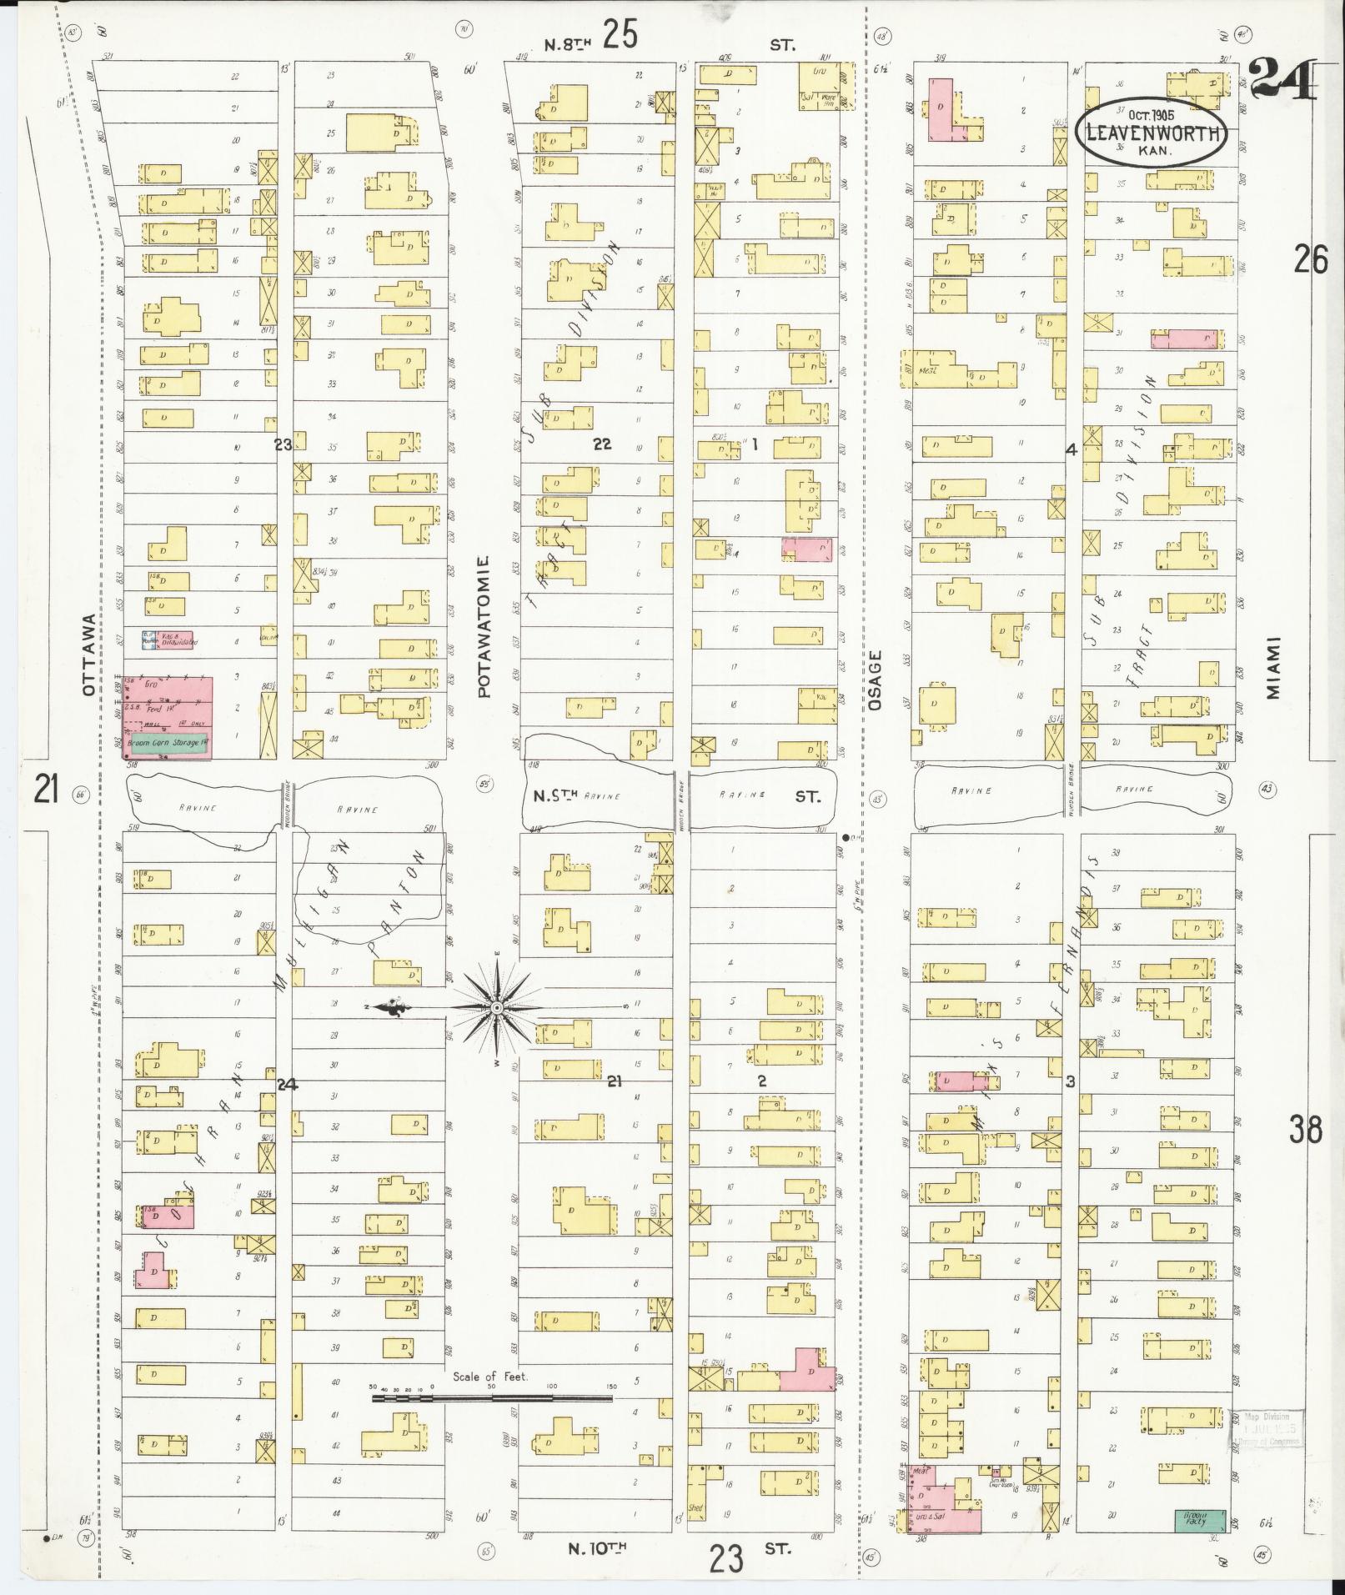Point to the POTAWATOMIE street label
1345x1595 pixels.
(485, 627)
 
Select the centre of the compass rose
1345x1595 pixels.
(497, 1008)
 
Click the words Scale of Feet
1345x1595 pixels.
(490, 1377)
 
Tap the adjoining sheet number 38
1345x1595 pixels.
(1304, 1130)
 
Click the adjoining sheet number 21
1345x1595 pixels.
(45, 788)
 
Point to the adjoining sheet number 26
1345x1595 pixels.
(1310, 260)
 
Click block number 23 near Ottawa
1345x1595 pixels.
(284, 445)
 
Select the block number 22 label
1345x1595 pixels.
(601, 444)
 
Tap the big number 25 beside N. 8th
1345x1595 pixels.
(621, 36)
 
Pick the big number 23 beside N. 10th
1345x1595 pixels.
(726, 1557)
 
